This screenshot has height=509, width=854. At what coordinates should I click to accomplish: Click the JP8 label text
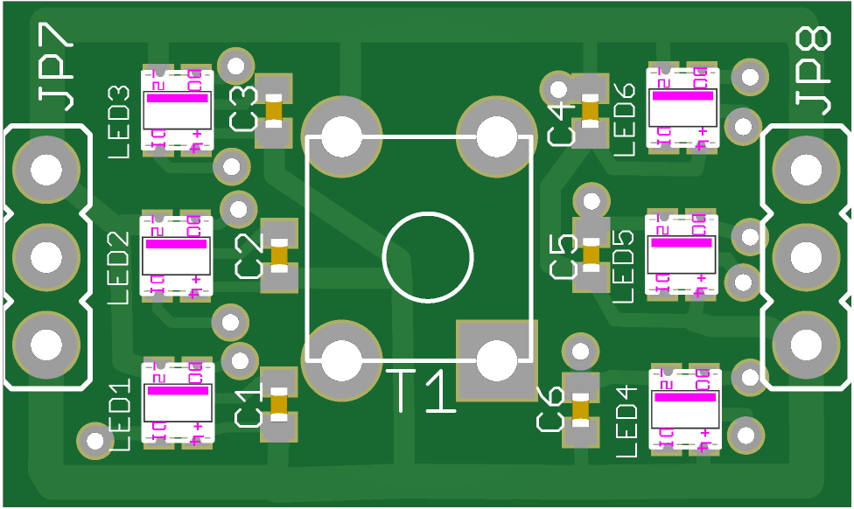pos(814,70)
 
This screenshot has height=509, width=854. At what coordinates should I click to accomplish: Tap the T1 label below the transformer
pos(422,391)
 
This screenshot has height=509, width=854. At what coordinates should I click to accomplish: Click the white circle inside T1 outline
pos(428,256)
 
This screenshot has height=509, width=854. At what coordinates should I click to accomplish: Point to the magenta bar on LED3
pos(177,98)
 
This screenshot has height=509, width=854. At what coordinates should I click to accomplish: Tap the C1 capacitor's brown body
pos(279,404)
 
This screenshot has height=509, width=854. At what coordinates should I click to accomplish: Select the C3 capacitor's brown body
pos(274,110)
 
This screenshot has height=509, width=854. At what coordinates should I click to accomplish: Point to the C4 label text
pos(562,123)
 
